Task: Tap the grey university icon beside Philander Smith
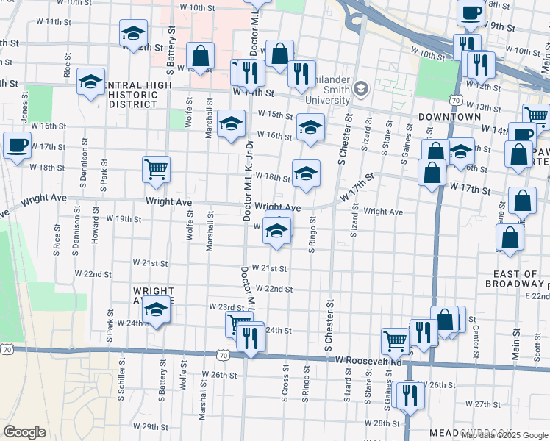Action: point(360,89)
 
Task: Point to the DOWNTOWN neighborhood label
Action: point(449,117)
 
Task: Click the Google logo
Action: point(24,432)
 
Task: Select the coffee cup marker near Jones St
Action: point(17,145)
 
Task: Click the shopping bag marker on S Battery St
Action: point(200,56)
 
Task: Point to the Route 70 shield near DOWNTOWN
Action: point(456,100)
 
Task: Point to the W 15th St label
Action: point(276,115)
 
